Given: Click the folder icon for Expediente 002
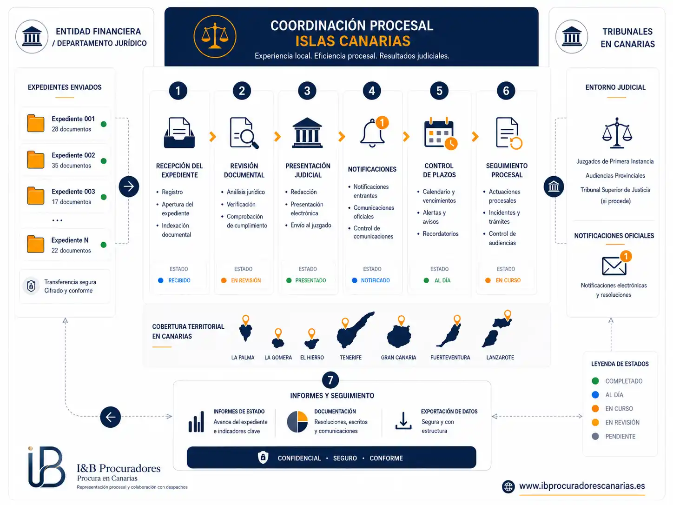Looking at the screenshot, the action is (36, 159).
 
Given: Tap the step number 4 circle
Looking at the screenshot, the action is (372, 91).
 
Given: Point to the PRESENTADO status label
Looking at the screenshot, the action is (310, 280).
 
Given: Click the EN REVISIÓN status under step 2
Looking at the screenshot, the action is (246, 280).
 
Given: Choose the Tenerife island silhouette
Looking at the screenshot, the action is (355, 331).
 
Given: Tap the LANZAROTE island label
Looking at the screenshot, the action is (500, 358).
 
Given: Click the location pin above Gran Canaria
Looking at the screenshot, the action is (401, 320).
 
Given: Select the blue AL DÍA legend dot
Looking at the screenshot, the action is (595, 395).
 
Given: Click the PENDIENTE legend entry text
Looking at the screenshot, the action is (620, 436).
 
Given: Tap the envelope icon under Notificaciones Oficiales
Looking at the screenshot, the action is (614, 266).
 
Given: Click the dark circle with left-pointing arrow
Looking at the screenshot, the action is (110, 417).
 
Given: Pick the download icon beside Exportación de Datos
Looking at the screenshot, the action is (403, 421).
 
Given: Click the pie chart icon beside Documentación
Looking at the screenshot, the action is (297, 422).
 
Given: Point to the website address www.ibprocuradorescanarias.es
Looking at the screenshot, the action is (582, 486).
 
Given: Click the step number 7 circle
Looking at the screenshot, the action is (330, 380).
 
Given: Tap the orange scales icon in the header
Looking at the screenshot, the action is (215, 36).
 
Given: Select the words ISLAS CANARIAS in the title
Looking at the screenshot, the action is (353, 41).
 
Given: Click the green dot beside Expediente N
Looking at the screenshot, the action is (104, 245).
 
